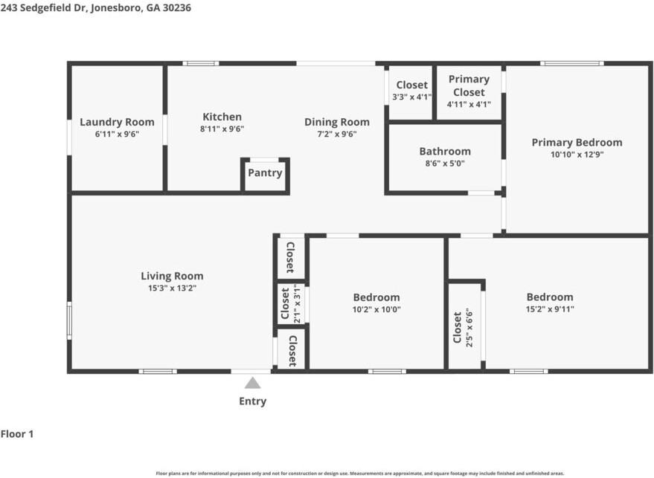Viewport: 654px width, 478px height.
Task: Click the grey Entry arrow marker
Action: pyautogui.click(x=252, y=383)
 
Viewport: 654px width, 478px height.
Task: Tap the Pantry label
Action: pyautogui.click(x=266, y=173)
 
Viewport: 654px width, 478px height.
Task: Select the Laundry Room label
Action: pyautogui.click(x=118, y=122)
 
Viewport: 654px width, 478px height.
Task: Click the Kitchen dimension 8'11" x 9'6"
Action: pyautogui.click(x=222, y=129)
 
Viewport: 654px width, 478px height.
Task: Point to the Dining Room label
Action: pyautogui.click(x=337, y=122)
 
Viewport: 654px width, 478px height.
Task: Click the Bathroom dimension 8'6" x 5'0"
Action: pyautogui.click(x=445, y=164)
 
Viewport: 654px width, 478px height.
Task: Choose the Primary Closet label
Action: pyautogui.click(x=469, y=85)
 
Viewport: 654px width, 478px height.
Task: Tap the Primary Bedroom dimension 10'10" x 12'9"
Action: pyautogui.click(x=577, y=155)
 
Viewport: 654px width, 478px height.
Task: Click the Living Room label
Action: pyautogui.click(x=172, y=276)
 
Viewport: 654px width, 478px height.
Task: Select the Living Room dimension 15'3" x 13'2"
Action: pyautogui.click(x=173, y=288)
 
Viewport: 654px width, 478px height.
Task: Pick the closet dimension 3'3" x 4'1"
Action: pyautogui.click(x=412, y=97)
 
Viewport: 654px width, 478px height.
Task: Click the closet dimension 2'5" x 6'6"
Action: pyautogui.click(x=469, y=328)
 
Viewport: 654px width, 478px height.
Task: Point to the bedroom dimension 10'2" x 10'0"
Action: pyautogui.click(x=376, y=309)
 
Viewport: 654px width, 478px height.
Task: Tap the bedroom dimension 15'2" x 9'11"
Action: pyautogui.click(x=550, y=309)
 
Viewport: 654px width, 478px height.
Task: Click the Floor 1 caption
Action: pyautogui.click(x=17, y=434)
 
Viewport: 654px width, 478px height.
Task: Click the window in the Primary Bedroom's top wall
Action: pyautogui.click(x=572, y=63)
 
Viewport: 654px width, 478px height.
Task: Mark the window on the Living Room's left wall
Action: pyautogui.click(x=69, y=320)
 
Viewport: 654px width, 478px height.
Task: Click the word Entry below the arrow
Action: pyautogui.click(x=253, y=401)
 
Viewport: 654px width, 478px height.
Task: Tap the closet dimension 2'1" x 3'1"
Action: pyautogui.click(x=297, y=304)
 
